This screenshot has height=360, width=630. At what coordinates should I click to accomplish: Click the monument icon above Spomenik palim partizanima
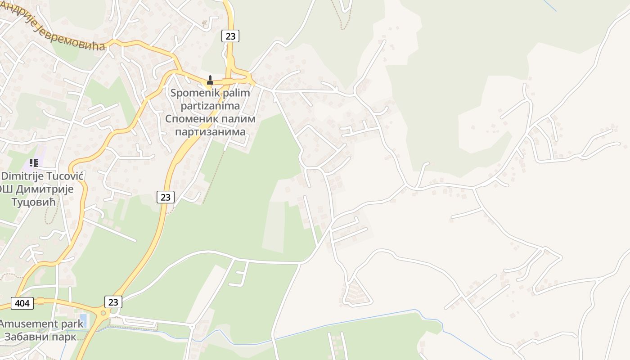[210, 81]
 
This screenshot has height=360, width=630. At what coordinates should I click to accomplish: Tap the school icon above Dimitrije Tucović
[34, 162]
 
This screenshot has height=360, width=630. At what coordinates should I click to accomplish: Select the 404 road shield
[22, 303]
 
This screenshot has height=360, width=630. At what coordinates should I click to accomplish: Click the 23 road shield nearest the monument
[230, 36]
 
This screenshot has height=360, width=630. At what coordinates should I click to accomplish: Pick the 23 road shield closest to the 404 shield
[113, 302]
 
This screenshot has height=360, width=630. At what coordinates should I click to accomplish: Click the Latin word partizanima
[210, 106]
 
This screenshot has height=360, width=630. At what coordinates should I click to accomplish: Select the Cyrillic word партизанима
[210, 132]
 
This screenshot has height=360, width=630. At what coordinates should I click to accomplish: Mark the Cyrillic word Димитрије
[44, 189]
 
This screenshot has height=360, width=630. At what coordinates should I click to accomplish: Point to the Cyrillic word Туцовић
[33, 202]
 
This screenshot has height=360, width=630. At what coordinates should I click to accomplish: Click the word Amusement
[29, 324]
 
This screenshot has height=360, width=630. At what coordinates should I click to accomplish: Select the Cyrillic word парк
[64, 337]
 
